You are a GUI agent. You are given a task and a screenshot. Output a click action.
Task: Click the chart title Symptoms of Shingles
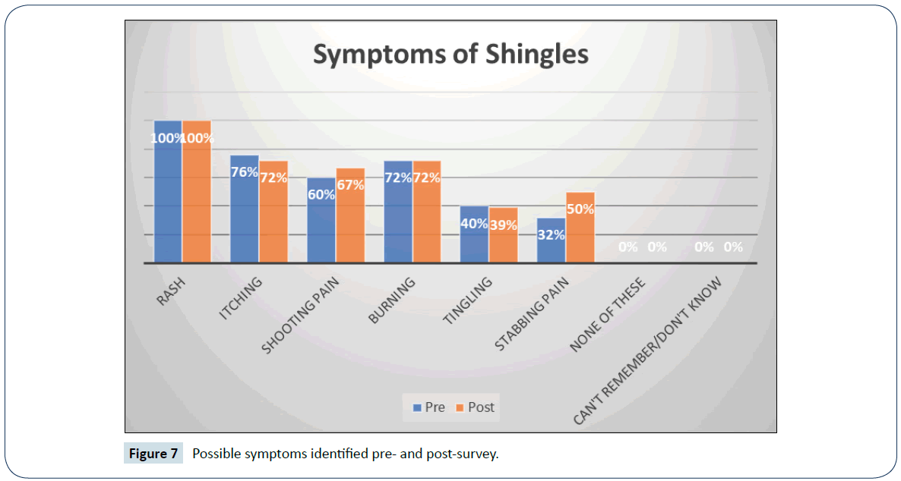pos(450,55)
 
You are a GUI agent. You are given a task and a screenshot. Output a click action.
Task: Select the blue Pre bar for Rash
pos(168,197)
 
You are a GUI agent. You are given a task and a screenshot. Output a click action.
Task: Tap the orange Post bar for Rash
pos(197,197)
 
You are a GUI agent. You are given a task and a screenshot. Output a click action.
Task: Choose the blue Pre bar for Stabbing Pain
pos(551,247)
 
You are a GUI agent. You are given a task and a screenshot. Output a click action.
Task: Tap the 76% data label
pos(245,172)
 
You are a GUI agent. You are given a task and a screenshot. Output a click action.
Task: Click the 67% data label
pos(350,185)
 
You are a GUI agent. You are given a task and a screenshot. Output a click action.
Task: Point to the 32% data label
pos(551,235)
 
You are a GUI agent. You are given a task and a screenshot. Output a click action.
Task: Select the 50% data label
pos(580,209)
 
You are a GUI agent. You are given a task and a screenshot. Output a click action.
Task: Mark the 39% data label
pos(503,225)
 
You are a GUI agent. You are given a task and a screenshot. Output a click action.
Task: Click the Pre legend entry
pos(429,407)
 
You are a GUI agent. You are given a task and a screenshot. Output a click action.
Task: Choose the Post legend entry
pos(475,407)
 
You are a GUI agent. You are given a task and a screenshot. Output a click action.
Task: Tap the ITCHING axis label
pos(241,297)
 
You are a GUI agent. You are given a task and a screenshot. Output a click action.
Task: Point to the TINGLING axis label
pos(467,301)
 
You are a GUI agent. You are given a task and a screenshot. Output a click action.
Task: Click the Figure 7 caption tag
pos(153,454)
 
